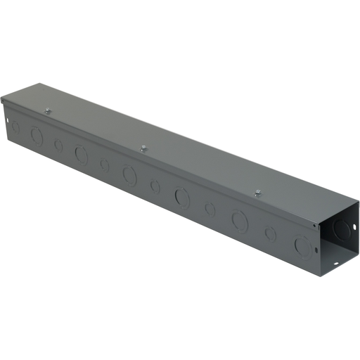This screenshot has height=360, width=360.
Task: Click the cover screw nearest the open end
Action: (258, 192)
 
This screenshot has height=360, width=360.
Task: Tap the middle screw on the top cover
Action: (143, 148)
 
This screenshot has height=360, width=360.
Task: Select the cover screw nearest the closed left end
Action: (47, 110)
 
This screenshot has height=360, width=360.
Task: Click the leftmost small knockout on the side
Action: (15, 127)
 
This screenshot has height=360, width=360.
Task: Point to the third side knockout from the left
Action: (58, 146)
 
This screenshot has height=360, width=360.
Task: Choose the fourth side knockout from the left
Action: (82, 155)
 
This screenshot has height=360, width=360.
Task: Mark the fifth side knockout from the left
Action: (105, 165)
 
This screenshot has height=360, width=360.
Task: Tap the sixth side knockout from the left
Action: (129, 174)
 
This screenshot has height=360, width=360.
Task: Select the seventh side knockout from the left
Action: (155, 186)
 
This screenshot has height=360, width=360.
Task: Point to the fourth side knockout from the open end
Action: (210, 209)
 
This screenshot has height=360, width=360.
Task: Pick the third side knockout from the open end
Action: (240, 221)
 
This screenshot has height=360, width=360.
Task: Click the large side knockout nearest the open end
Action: (303, 246)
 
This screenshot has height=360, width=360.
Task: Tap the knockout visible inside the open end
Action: (342, 229)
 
